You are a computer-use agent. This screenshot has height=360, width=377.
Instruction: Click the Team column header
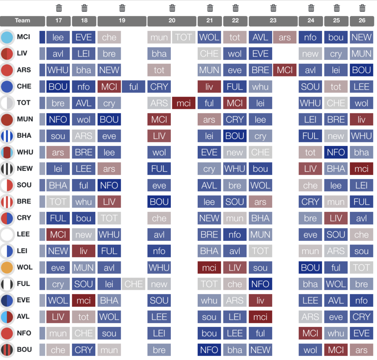22,21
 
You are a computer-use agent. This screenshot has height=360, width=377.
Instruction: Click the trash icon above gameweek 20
172,8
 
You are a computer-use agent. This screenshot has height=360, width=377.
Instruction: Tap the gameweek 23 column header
273,21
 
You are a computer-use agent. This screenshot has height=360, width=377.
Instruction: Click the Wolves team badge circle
7,267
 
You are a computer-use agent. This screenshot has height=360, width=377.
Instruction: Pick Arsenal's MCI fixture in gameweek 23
285,70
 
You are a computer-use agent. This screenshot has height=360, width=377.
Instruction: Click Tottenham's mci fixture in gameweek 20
183,103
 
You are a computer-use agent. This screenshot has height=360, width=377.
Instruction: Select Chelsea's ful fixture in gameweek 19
134,87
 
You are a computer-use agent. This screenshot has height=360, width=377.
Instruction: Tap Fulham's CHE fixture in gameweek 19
134,284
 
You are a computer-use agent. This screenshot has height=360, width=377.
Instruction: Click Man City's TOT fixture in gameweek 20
183,37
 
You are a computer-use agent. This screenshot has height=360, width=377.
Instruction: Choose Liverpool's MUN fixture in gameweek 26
362,54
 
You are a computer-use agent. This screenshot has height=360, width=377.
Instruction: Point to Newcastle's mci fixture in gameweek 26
362,169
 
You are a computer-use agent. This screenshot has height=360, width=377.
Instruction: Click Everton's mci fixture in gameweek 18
84,300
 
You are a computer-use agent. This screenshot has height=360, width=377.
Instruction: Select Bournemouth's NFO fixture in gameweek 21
209,350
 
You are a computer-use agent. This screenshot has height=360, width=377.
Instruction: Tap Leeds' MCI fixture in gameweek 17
58,235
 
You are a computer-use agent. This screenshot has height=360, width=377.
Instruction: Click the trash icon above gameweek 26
362,8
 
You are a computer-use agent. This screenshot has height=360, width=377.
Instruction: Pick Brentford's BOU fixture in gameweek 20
159,202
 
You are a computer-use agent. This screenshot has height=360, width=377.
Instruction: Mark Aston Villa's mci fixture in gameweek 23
260,317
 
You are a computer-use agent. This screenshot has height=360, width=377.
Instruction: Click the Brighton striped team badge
7,136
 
